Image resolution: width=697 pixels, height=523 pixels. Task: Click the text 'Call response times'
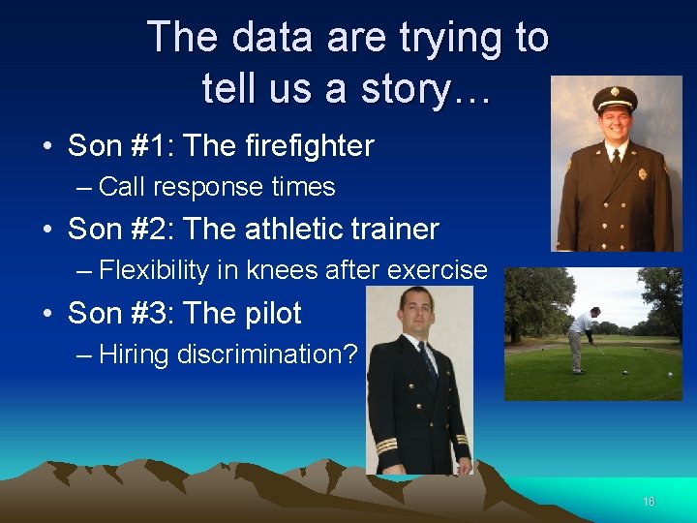pos(217,187)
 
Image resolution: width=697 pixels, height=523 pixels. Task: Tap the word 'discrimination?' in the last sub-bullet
pos(267,354)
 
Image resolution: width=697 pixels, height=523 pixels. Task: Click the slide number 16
pos(649,502)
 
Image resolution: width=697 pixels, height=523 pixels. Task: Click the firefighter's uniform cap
pos(615,99)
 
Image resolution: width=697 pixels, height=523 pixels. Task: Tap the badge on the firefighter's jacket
pos(643,174)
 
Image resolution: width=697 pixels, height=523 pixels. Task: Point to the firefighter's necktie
pos(616,159)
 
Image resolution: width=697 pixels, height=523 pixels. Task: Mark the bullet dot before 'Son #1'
pos(47,147)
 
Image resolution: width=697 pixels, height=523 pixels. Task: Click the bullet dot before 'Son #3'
pos(47,315)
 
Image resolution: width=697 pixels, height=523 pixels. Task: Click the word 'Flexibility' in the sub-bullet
pos(154,270)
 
